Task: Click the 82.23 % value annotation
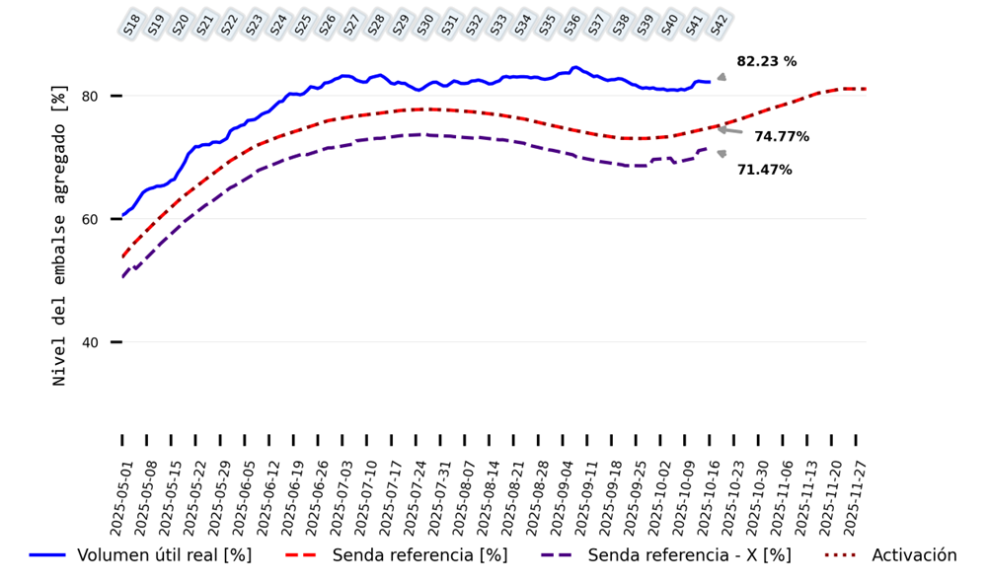pyautogui.click(x=767, y=62)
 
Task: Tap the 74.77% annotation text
pyautogui.click(x=782, y=137)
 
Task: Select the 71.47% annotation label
pyautogui.click(x=764, y=171)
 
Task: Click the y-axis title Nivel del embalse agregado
pyautogui.click(x=60, y=235)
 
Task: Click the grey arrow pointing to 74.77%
pyautogui.click(x=731, y=130)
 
